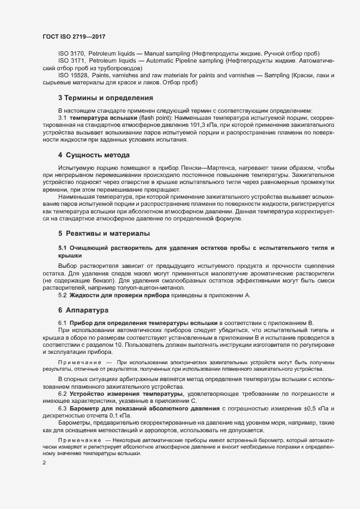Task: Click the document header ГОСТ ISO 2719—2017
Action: point(73,35)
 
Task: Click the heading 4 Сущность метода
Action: point(94,155)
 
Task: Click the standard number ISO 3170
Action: point(71,53)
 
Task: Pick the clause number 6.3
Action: point(63,408)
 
